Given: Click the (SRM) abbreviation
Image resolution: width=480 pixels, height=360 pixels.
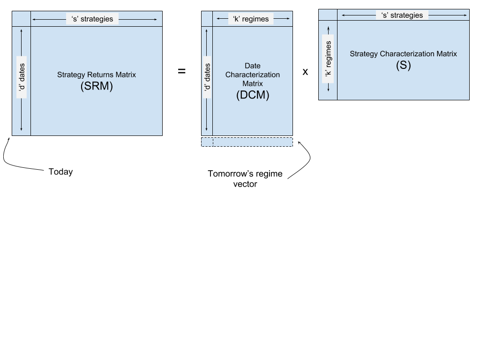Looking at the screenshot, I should [x=97, y=86].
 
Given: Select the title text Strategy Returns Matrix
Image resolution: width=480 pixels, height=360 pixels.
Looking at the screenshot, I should [x=97, y=75].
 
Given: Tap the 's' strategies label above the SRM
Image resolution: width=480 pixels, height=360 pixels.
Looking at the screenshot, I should [x=92, y=19].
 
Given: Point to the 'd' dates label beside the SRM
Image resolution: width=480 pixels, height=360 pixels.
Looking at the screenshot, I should [x=22, y=77].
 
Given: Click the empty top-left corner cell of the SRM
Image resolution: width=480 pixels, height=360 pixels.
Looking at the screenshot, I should [x=21, y=19].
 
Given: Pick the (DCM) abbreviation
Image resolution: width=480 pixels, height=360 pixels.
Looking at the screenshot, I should [x=253, y=95].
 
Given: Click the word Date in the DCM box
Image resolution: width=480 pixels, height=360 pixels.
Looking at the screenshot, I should [x=253, y=66].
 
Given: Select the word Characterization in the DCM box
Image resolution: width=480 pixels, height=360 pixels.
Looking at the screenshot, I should [x=253, y=75].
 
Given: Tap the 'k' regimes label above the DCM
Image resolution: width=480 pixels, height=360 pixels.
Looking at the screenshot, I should [x=251, y=19].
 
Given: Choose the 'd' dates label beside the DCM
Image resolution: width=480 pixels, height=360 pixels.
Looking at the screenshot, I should [x=207, y=77].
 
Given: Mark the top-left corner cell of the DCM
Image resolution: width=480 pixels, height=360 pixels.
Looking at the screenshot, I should [x=207, y=19].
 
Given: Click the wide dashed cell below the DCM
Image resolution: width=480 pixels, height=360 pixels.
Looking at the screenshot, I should [x=253, y=142].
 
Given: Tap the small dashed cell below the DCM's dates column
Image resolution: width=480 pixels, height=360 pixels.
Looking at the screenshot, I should [x=207, y=142].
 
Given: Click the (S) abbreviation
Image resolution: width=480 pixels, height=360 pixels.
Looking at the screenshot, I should [x=403, y=65].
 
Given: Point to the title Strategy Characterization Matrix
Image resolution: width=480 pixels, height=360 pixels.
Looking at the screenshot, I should [x=403, y=54].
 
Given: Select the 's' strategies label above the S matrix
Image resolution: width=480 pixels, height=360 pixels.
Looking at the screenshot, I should [x=403, y=15].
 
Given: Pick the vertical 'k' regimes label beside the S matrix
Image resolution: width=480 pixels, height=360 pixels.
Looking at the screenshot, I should [x=328, y=59].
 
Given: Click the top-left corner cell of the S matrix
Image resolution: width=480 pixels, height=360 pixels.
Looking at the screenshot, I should [x=328, y=15].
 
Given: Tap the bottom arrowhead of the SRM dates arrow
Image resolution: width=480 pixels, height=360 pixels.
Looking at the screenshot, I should [x=22, y=129].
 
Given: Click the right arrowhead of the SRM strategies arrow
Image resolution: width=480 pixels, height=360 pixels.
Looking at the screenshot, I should [x=156, y=19].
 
